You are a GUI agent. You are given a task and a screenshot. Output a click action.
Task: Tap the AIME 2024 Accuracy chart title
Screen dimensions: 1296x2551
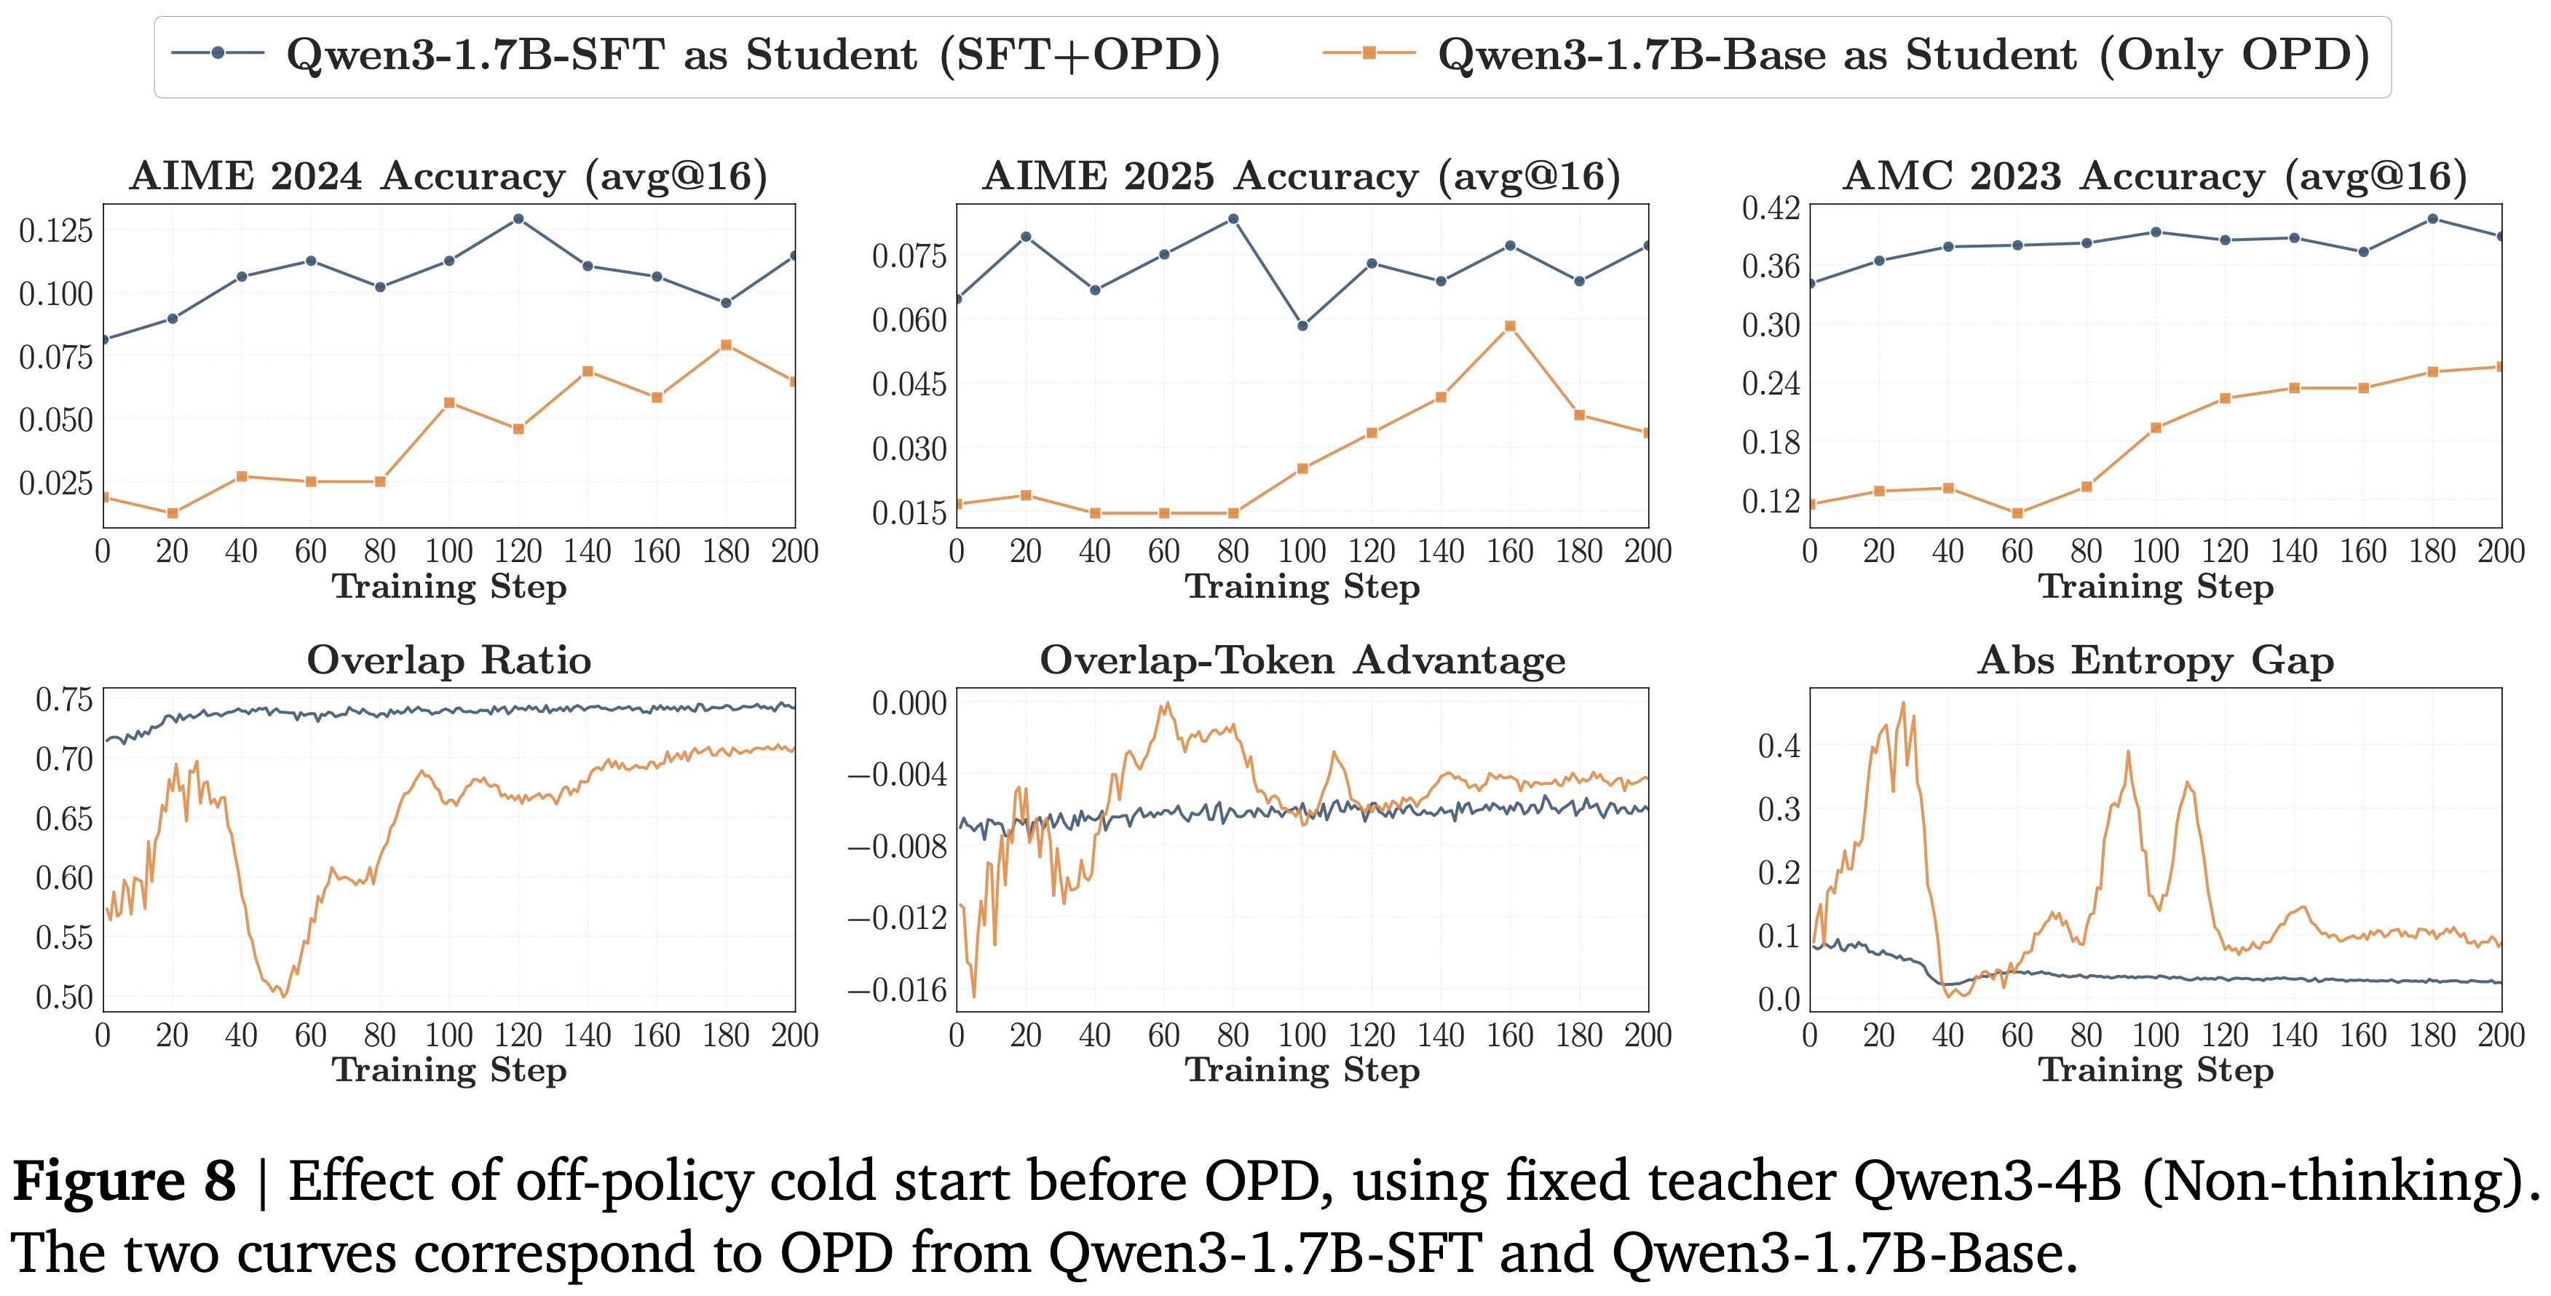pyautogui.click(x=448, y=176)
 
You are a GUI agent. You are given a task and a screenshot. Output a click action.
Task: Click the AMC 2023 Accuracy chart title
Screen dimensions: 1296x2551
pyautogui.click(x=2155, y=176)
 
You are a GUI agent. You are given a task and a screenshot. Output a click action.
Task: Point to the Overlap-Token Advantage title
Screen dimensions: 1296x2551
pyautogui.click(x=1302, y=660)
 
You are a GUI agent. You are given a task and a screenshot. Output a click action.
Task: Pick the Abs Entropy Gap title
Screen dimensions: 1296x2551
pyautogui.click(x=2155, y=660)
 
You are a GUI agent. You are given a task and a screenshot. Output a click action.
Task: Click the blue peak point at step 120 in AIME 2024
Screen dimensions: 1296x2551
pyautogui.click(x=518, y=219)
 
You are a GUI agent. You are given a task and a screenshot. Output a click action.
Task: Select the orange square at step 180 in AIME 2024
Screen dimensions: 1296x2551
pyautogui.click(x=726, y=344)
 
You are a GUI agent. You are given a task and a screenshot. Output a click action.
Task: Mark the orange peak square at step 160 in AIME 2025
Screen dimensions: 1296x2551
pyautogui.click(x=1510, y=325)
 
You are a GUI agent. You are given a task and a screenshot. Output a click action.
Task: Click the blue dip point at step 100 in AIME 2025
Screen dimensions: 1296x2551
pyautogui.click(x=1302, y=325)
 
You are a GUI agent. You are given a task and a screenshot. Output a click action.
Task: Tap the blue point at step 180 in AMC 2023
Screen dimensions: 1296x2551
pyautogui.click(x=2432, y=219)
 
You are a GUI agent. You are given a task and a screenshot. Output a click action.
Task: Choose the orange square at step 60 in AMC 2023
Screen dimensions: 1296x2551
pyautogui.click(x=2017, y=513)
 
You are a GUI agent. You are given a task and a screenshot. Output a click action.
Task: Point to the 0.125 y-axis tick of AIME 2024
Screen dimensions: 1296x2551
pyautogui.click(x=57, y=231)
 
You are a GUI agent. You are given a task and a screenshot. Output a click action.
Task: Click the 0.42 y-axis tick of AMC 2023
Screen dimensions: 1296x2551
pyautogui.click(x=1771, y=208)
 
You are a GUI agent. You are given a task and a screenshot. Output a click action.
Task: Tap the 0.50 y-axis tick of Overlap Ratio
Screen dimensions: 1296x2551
pyautogui.click(x=64, y=996)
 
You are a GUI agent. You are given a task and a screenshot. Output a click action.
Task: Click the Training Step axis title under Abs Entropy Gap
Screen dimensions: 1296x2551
pyautogui.click(x=2155, y=1070)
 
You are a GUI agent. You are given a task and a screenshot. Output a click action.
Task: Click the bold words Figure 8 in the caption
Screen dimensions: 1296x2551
pyautogui.click(x=124, y=1181)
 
